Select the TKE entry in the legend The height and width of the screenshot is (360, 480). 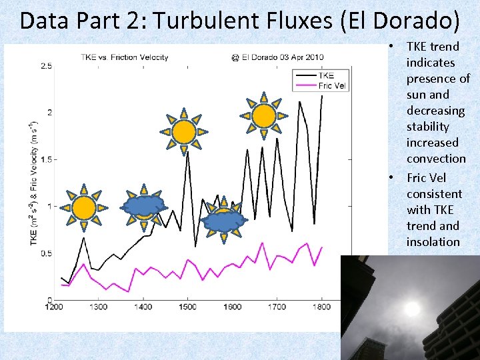click(326, 75)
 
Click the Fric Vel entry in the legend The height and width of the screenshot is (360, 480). click(333, 85)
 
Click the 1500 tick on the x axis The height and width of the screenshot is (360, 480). click(187, 307)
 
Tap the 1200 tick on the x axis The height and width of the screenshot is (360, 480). click(54, 307)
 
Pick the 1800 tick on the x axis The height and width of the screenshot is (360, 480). click(321, 307)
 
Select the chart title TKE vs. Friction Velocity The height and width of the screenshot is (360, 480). click(125, 57)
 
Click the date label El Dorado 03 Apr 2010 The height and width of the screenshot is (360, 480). click(277, 57)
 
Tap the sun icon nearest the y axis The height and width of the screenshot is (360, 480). click(83, 208)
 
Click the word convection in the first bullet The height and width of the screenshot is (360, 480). click(436, 159)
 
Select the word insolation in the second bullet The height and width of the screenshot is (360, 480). click(433, 241)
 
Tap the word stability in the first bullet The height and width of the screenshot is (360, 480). click(427, 127)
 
